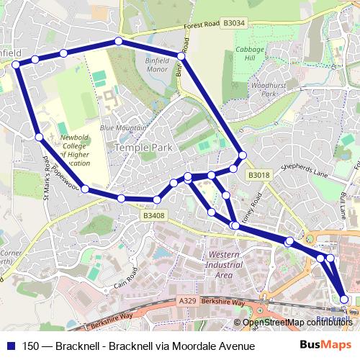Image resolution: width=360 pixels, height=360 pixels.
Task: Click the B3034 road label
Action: (x=234, y=23)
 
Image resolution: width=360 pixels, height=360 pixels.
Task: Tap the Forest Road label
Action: (x=201, y=25)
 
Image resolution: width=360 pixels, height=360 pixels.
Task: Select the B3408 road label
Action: (x=153, y=215)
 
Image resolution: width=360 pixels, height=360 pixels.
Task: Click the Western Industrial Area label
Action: (x=229, y=265)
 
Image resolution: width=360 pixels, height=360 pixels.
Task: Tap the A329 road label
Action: (x=186, y=300)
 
